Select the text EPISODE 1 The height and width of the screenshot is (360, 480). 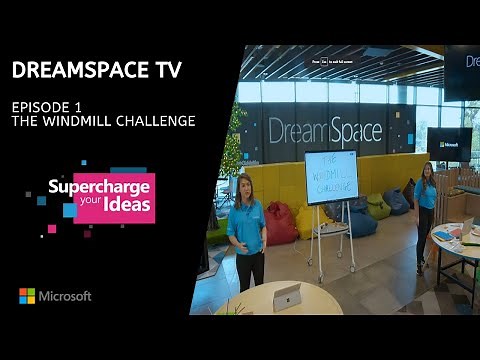45,105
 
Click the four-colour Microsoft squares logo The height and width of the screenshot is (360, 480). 27,296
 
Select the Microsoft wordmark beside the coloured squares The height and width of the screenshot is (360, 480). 66,296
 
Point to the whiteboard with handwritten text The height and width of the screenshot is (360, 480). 331,177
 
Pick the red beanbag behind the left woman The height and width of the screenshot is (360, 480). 281,225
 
